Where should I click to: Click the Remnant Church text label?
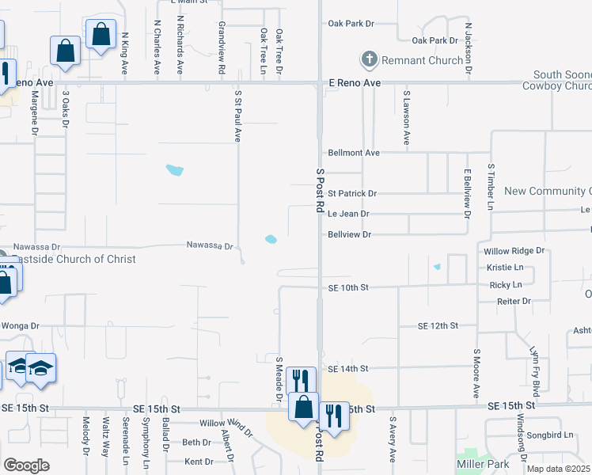pos(423,60)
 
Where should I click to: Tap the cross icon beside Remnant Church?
pos(369,59)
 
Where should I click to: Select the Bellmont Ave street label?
pos(354,153)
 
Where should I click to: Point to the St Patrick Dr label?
pos(352,193)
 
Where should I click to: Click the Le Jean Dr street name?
pos(348,214)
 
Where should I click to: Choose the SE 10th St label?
pos(348,288)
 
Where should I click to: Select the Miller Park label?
pos(483,463)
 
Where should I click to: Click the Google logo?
pos(26,465)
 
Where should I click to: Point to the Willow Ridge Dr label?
pos(514,251)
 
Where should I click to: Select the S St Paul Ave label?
pos(237,115)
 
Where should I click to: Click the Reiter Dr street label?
pos(514,302)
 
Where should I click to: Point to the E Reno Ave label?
pos(355,83)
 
